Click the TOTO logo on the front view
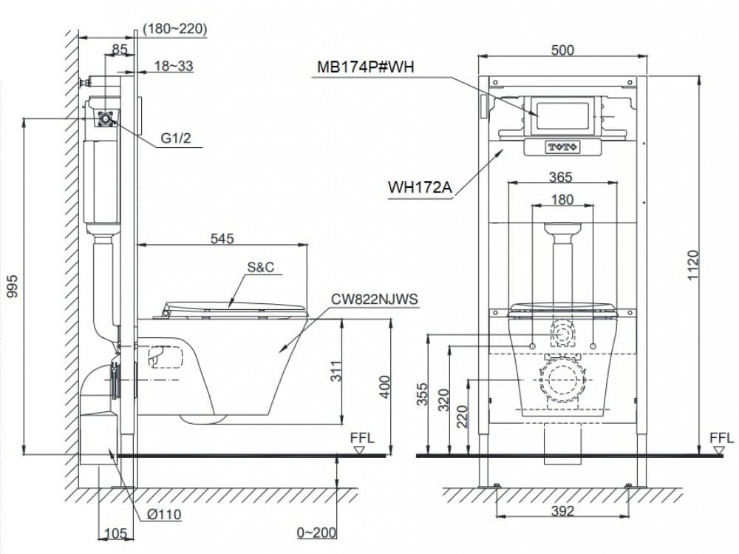tap(562, 147)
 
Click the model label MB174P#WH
tap(365, 67)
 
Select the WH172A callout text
tap(420, 187)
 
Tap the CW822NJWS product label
tap(374, 299)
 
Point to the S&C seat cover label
tap(261, 267)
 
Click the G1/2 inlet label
tap(176, 138)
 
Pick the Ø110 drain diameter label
tap(163, 514)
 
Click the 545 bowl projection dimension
tap(222, 238)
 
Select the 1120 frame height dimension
tap(692, 266)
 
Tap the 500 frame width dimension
tap(562, 50)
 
